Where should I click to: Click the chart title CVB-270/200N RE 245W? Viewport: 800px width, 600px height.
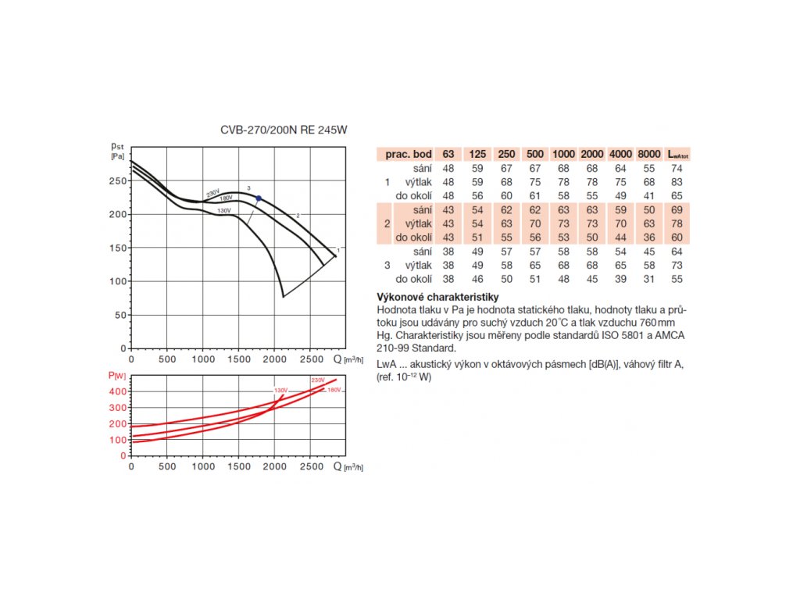tap(283, 131)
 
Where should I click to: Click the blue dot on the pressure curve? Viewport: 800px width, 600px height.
tap(259, 198)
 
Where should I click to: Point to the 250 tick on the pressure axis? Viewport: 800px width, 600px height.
tap(118, 180)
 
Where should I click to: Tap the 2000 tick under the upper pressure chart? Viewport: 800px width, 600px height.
tap(274, 359)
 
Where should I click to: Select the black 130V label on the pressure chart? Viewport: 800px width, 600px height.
tap(223, 211)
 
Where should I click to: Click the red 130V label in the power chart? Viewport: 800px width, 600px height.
tap(280, 390)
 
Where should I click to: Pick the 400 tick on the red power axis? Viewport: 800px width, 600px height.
tap(117, 391)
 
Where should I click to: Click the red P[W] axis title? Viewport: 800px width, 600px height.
tap(117, 376)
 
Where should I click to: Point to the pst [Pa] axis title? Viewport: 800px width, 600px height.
tap(119, 150)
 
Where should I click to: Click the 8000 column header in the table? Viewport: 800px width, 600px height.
tap(648, 154)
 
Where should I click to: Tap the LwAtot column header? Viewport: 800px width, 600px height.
tap(679, 155)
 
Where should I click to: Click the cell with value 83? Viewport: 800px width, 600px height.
tap(678, 182)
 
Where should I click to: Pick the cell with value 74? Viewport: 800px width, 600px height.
tap(678, 168)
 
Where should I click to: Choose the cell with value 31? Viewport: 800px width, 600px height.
tap(648, 278)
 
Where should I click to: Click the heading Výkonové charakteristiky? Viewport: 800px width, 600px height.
tap(437, 298)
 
